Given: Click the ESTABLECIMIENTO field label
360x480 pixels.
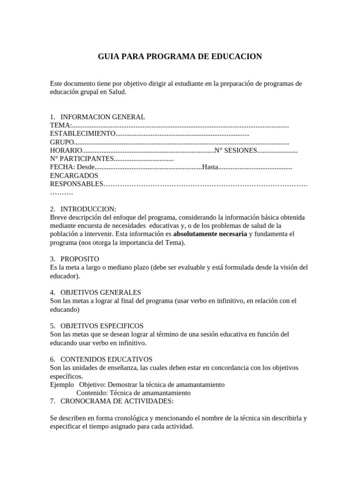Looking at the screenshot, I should tap(82, 134).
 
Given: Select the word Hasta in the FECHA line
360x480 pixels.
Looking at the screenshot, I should tap(210, 167).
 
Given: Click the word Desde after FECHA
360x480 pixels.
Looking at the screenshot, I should tap(85, 167).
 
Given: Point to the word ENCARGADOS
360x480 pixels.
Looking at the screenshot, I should tap(74, 176).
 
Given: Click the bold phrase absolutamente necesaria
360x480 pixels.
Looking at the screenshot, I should tap(210, 234).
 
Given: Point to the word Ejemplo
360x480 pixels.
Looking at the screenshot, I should tap(62, 384).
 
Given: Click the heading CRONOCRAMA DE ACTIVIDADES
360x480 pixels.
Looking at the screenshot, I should tap(117, 401).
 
